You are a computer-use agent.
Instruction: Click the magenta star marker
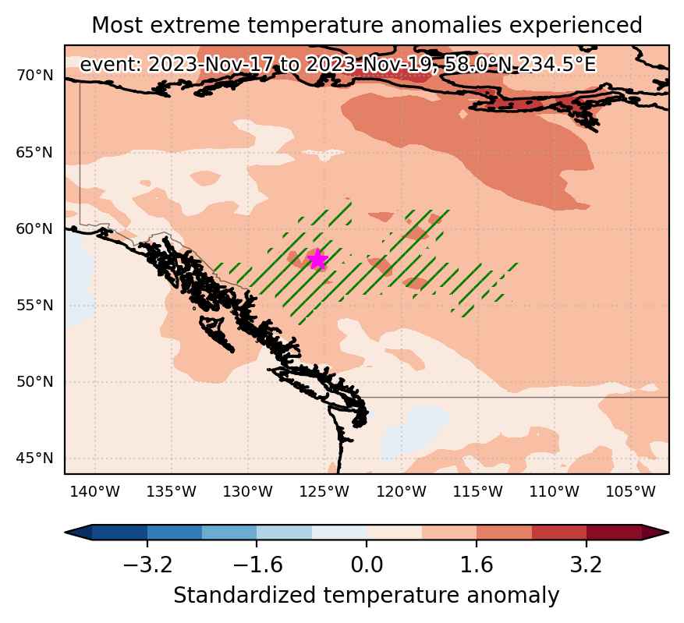(x=317, y=260)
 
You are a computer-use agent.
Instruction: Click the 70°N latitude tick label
(x=34, y=76)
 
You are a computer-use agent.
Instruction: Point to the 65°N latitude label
(x=34, y=153)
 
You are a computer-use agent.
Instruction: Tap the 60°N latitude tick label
(x=34, y=228)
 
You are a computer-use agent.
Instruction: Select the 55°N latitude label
(x=34, y=305)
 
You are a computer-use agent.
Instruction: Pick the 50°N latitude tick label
(x=34, y=382)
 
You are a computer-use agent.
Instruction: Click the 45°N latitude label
(x=34, y=458)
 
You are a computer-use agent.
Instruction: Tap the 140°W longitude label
(x=94, y=492)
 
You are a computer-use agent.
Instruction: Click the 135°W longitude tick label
(x=171, y=492)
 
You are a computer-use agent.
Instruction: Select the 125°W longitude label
(x=324, y=492)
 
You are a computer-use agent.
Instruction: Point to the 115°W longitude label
(x=477, y=492)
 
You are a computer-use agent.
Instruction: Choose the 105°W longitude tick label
(x=631, y=492)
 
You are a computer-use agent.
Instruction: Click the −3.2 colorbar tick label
(x=148, y=565)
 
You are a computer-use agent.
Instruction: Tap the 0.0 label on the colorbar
(x=367, y=565)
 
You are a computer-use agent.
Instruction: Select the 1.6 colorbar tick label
(x=477, y=565)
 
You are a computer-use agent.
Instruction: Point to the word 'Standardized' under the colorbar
(x=245, y=596)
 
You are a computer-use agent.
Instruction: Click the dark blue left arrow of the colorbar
(x=79, y=533)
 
